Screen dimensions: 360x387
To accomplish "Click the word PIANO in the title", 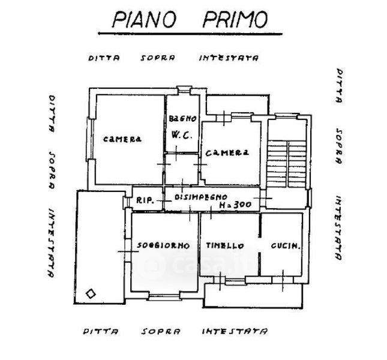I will (x=143, y=19).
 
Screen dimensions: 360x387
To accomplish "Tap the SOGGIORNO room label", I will (x=163, y=245).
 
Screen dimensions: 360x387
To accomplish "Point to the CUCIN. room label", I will (x=285, y=246).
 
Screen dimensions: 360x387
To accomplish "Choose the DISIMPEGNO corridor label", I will (x=200, y=196).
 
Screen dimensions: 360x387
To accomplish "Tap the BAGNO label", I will (x=182, y=119).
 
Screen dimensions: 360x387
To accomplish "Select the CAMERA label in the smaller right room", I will (x=227, y=153).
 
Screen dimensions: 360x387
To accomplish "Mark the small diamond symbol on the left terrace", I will (x=91, y=293).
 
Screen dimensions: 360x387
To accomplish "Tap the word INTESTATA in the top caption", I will (x=228, y=59).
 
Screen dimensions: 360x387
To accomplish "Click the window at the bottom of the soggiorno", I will (x=164, y=296).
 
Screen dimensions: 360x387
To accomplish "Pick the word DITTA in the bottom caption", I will (x=100, y=331).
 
